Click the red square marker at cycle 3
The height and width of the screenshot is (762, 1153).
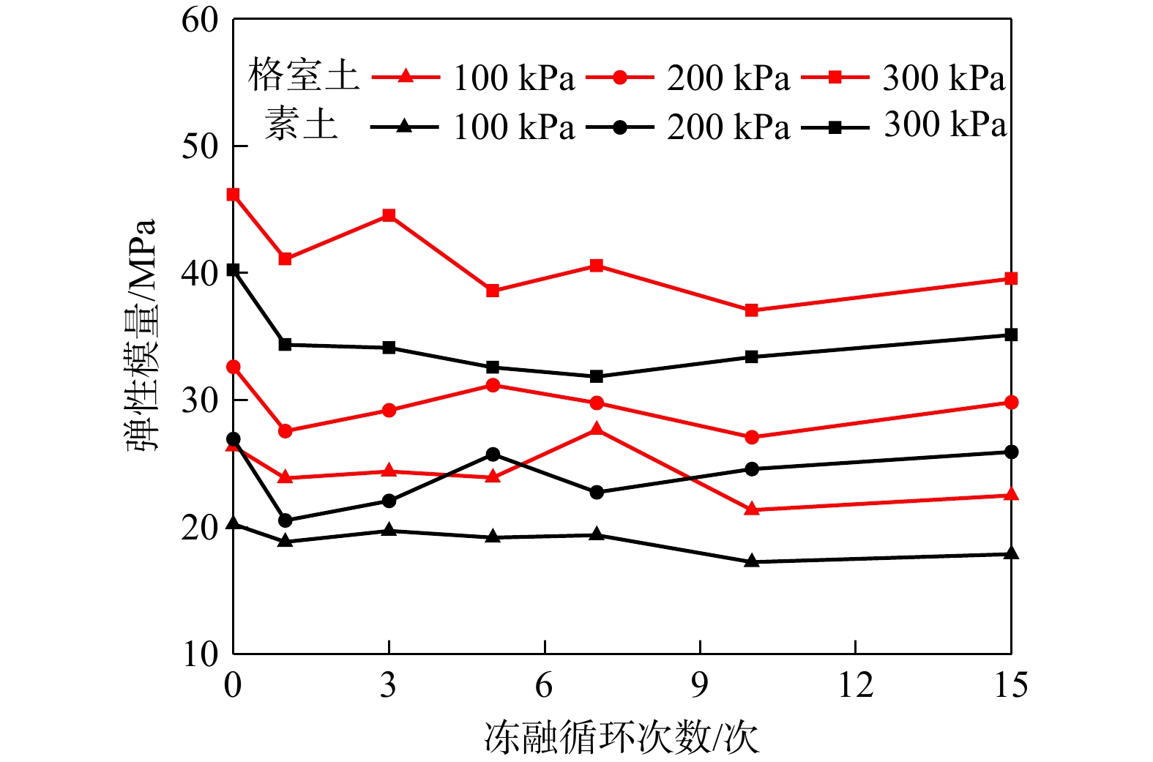coord(389,215)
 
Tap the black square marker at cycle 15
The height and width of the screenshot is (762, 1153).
coord(1011,335)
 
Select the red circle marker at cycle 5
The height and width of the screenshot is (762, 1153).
coord(493,385)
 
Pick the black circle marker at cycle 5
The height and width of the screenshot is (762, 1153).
coord(493,455)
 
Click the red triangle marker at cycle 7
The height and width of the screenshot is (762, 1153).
coord(597,429)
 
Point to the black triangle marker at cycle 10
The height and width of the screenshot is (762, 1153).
coord(752,561)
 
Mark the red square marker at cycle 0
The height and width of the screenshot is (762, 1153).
coord(234,194)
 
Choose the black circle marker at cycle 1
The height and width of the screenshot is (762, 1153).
coord(286,520)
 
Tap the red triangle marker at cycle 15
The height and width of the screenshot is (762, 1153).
coord(1011,495)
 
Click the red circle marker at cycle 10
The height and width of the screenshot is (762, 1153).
coord(752,437)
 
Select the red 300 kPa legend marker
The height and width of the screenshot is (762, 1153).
coord(835,77)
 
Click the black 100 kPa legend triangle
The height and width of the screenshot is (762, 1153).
coord(404,127)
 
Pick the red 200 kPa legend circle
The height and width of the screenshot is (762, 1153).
coord(619,77)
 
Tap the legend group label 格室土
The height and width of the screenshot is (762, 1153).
coord(303,75)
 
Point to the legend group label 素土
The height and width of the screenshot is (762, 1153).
coord(301,124)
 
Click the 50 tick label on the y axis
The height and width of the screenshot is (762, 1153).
coord(201,146)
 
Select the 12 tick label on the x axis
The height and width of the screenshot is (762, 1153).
coord(855,686)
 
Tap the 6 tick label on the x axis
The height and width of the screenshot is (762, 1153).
coord(544,686)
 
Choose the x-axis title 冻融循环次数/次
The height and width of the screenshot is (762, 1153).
coord(622,737)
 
